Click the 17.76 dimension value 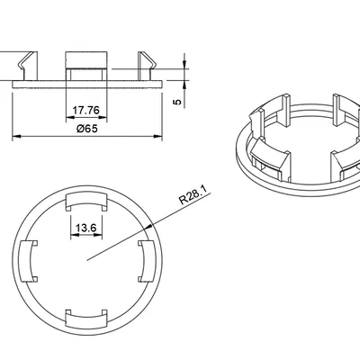click(x=86, y=111)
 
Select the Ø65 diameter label click(x=87, y=129)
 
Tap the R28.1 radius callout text click(x=194, y=195)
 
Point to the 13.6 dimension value click(x=85, y=229)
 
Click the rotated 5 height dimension click(x=177, y=102)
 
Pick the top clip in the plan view click(x=86, y=200)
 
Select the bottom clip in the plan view click(x=86, y=320)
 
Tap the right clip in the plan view click(x=147, y=261)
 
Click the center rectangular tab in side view click(x=86, y=66)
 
